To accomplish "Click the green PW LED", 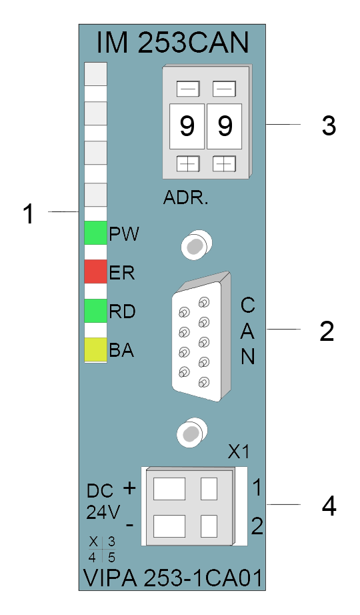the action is pos(96,233).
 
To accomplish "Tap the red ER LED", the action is pos(96,271).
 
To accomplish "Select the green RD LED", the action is pos(96,311).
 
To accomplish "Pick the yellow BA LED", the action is pos(96,350).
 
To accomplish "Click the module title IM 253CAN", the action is pos(173,43).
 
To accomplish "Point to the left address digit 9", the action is pos(187,126).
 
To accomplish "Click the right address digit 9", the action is pos(225,126).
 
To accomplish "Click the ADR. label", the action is pos(186,198).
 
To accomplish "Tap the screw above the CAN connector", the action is pos(196,246).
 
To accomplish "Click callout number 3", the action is pos(329,126).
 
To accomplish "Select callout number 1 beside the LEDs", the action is pos(29,214).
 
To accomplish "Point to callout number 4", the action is pos(329,506).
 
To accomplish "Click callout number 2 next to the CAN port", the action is pos(327,332).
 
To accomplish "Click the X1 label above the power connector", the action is pos(239,453).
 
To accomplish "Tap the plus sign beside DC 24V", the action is pos(129,488).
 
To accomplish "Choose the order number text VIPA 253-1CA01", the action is pos(173,578).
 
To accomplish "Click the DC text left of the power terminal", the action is pos(100,491).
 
